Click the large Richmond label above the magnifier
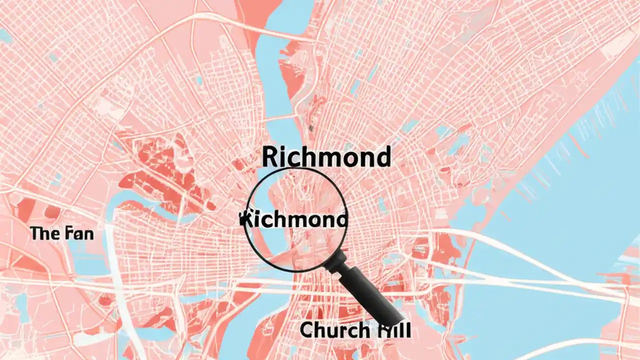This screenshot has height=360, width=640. coord(325,157)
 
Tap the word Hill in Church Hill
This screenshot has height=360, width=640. coord(393,330)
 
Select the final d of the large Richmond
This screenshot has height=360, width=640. coord(382,157)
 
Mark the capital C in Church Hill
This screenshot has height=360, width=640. coord(307,330)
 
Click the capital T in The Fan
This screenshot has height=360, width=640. coord(35,233)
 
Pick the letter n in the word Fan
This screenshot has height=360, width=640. coord(87,234)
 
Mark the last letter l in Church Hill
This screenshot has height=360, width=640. coord(407,330)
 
